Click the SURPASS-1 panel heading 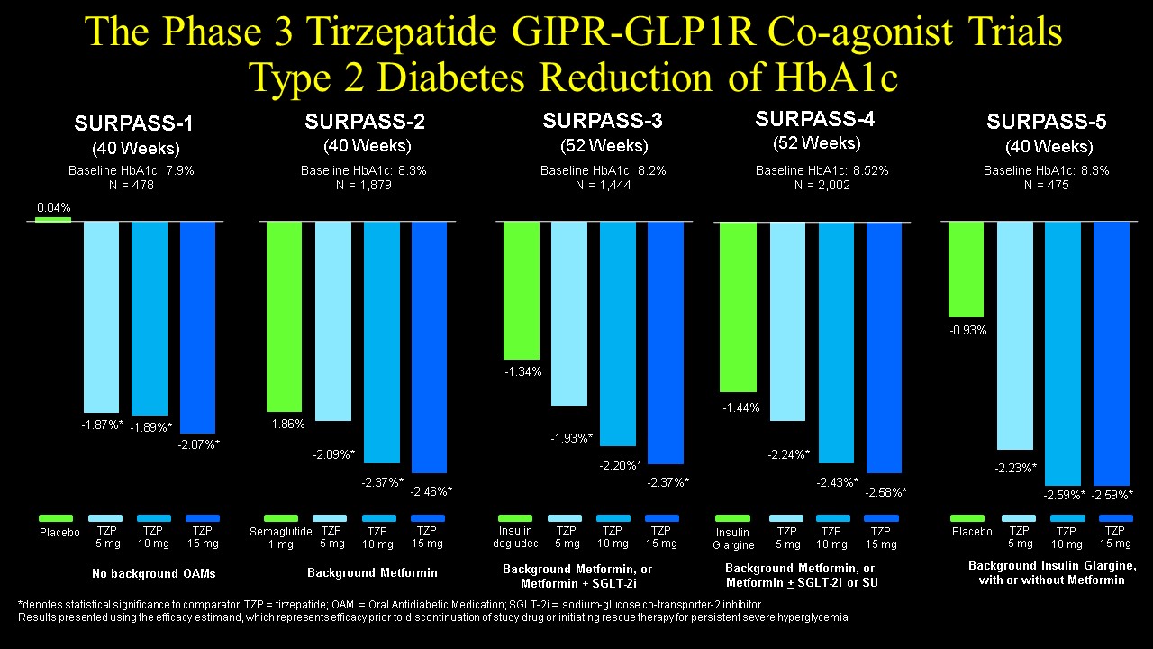coord(133,123)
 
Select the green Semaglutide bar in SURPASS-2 coord(284,315)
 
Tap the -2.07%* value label coord(198,443)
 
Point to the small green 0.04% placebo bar coord(53,218)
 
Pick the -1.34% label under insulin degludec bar coord(521,371)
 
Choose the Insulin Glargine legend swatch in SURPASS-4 coord(732,518)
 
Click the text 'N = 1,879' coord(364,185)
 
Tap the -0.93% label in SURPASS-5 coord(967,330)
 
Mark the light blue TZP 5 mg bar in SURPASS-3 coord(569,313)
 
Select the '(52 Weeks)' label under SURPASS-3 coord(604,145)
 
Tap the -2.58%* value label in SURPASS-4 coord(886,492)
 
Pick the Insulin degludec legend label coord(514,537)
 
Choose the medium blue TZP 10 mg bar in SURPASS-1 coord(150,317)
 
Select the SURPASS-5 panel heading coord(1047,122)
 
